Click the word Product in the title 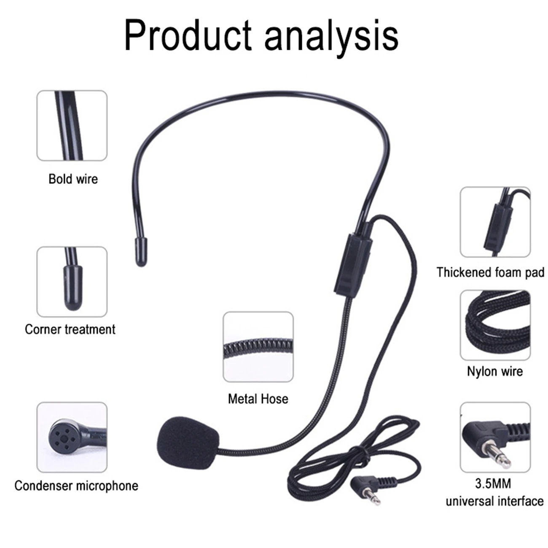[188, 35]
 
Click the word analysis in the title [331, 35]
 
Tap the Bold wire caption [73, 179]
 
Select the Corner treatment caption [70, 329]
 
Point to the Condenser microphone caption [76, 486]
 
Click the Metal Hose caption [258, 399]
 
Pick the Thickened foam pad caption [490, 272]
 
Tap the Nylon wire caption [494, 371]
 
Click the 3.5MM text [493, 483]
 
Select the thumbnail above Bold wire [72, 126]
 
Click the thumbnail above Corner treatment [72, 282]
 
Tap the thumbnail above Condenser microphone [72, 437]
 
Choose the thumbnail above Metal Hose [258, 347]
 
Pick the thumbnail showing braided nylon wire [495, 325]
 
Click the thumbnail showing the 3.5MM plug [495, 437]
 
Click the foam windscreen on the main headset [188, 439]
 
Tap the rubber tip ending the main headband [141, 252]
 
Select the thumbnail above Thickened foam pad [495, 222]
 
